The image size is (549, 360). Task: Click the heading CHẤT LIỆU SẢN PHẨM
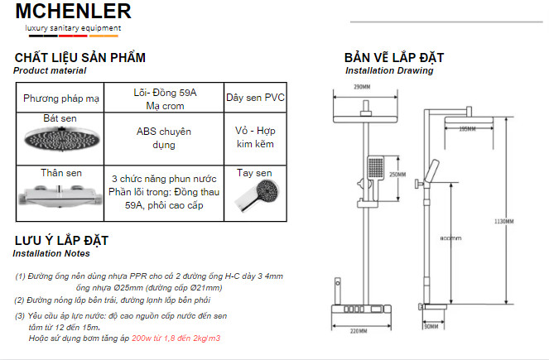80,58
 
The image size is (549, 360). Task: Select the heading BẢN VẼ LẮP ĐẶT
394,58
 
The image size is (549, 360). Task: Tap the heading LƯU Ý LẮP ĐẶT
63,241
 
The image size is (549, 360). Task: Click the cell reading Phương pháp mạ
61,98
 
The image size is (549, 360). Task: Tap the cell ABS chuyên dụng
164,137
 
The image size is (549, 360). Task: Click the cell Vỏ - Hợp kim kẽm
254,137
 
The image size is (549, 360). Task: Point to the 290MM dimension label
361,87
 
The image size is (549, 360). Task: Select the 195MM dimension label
467,128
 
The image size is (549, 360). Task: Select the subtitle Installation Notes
51,253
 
